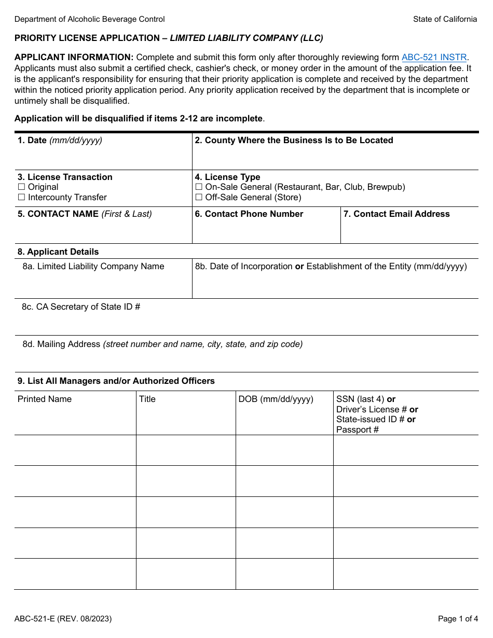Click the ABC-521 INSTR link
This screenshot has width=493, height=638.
[x=434, y=58]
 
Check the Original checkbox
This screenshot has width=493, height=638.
[x=21, y=187]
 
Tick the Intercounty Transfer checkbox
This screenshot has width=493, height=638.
[x=21, y=197]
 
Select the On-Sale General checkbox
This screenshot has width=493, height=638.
[x=199, y=187]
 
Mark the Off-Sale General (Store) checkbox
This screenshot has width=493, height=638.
[x=199, y=197]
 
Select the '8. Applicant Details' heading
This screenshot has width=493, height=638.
[x=58, y=252]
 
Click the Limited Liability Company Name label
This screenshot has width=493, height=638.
[x=93, y=267]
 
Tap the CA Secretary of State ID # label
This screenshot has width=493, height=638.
[x=81, y=307]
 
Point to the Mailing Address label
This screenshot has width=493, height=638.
[x=61, y=344]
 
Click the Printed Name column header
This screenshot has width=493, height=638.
[x=45, y=399]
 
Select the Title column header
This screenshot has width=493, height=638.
[x=147, y=399]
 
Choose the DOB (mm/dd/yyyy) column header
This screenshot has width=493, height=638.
[x=276, y=399]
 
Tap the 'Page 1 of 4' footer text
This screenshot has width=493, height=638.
[x=458, y=619]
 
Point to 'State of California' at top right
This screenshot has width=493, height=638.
[x=445, y=19]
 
